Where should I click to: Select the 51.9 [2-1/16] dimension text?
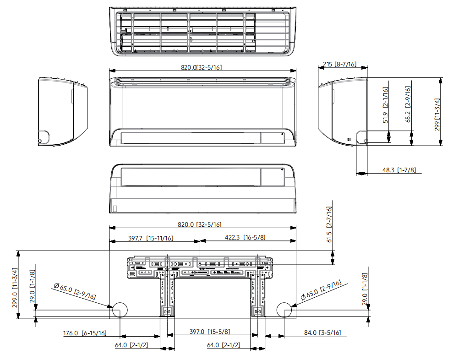[x=386, y=105]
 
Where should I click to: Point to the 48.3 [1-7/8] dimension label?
[x=399, y=170]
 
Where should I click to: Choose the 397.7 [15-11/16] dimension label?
[x=150, y=238]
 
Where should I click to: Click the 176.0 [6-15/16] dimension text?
[x=85, y=333]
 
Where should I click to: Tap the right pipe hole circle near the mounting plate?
[x=285, y=311]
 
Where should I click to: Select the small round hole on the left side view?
[x=44, y=136]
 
